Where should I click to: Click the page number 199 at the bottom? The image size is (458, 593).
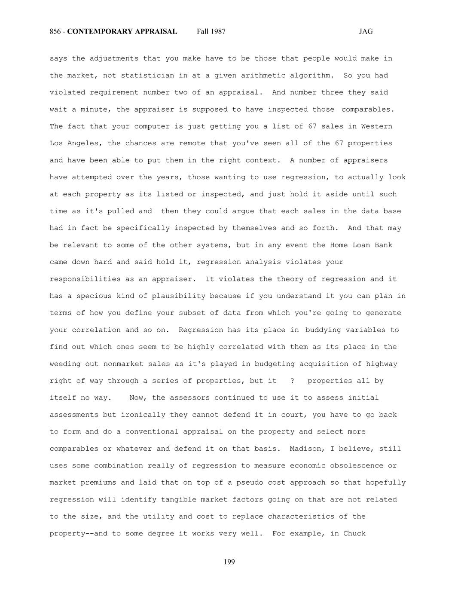[229, 562]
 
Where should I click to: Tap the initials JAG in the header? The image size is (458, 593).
[366, 31]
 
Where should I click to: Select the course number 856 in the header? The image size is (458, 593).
[55, 31]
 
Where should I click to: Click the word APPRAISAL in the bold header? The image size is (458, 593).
[156, 31]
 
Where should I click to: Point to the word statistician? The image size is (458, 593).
[147, 76]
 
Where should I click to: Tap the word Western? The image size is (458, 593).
[376, 126]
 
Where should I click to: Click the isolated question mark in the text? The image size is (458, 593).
[293, 381]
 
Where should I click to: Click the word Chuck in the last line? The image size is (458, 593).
[354, 534]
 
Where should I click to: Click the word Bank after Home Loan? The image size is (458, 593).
[383, 245]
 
